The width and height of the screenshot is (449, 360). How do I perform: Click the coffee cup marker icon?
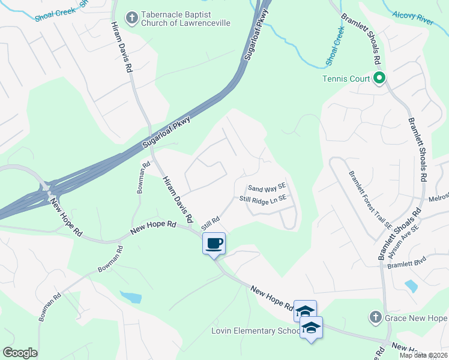(x=214, y=244)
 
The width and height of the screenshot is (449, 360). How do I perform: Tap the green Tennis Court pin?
(x=379, y=78)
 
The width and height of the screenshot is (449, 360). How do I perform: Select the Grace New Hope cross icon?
(x=375, y=317)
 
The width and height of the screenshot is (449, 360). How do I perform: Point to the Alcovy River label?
(x=412, y=18)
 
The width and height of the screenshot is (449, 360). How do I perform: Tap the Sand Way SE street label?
(x=267, y=188)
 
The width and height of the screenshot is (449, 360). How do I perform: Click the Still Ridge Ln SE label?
(x=263, y=199)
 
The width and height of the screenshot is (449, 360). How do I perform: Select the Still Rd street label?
(x=209, y=224)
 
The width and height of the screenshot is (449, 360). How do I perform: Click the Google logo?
(x=20, y=353)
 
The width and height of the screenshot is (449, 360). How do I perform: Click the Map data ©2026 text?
(x=423, y=355)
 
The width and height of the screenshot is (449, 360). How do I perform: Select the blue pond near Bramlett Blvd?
(x=412, y=286)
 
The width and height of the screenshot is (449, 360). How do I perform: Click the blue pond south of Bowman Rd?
(x=131, y=296)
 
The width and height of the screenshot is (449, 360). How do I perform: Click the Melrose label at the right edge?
(x=439, y=198)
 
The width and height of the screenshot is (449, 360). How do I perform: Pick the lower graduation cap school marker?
(x=311, y=328)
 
